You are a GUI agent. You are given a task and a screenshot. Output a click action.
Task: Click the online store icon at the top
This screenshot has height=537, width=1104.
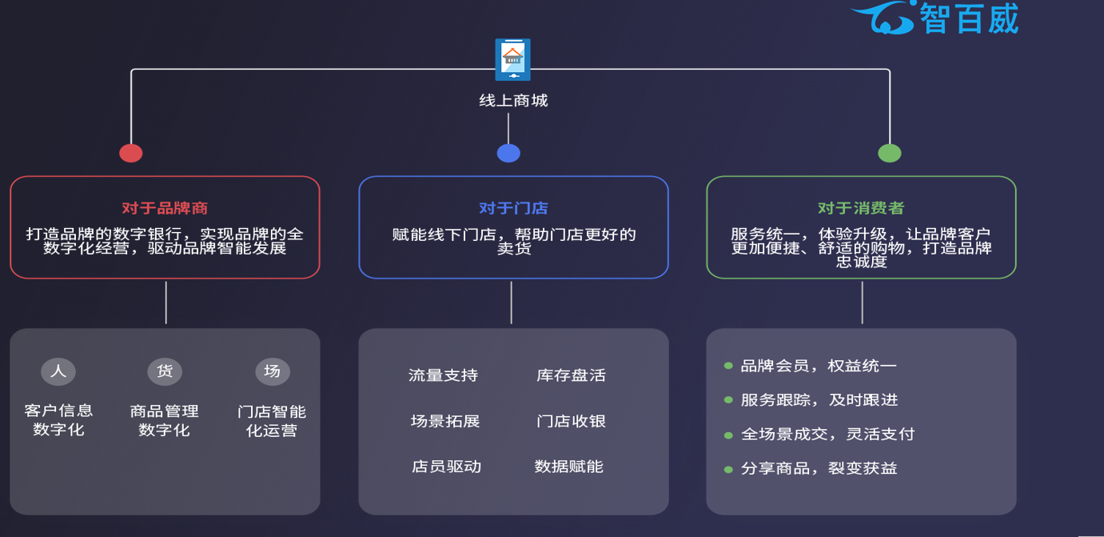tap(512, 59)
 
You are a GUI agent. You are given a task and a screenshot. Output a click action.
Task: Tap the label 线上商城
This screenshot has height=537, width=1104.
tap(513, 101)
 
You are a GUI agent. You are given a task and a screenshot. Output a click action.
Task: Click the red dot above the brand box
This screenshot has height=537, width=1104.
tap(131, 153)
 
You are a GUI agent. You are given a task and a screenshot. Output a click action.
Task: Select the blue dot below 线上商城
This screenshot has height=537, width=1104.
tap(508, 153)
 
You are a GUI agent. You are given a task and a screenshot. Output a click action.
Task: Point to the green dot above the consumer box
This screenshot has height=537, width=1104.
tap(890, 153)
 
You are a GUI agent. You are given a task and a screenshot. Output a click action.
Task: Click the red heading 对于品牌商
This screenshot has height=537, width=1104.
tap(165, 208)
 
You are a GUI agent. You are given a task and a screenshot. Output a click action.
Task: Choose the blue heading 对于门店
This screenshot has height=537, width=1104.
tap(513, 208)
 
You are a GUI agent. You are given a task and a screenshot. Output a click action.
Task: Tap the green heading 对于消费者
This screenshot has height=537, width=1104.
tap(861, 208)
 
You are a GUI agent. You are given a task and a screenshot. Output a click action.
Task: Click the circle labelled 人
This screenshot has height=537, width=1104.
tap(58, 371)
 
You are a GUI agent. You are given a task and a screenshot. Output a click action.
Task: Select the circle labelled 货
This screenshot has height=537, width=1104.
tap(165, 371)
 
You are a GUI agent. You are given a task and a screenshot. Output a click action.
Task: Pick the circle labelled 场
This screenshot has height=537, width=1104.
tap(272, 371)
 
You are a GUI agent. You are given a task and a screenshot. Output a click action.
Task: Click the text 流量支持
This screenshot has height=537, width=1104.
tap(443, 375)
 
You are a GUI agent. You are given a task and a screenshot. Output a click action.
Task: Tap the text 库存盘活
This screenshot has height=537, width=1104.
tap(571, 375)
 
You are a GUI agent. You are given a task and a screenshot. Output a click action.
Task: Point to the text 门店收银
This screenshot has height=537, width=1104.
tap(571, 421)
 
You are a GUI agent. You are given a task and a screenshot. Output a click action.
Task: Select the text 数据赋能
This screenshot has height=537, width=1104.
tap(569, 467)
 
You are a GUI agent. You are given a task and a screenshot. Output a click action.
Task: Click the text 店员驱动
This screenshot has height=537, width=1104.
tap(446, 467)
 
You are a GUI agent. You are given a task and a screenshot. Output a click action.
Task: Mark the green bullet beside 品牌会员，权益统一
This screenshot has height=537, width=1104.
tap(728, 366)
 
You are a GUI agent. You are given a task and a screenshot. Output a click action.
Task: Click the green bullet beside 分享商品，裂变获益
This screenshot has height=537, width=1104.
tap(728, 470)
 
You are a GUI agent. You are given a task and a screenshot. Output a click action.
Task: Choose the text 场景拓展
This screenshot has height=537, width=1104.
tap(445, 421)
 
